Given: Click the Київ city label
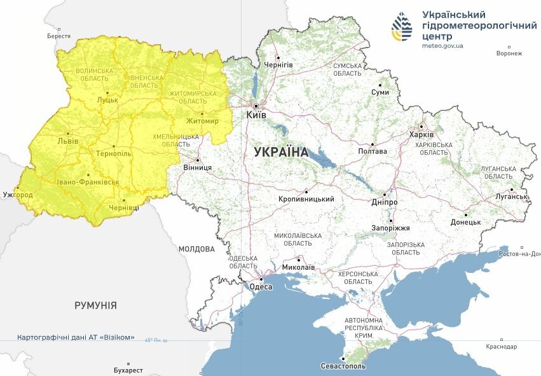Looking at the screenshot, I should (x=257, y=116).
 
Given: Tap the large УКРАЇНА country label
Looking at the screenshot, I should (x=280, y=153).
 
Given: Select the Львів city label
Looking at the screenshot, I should (x=68, y=141).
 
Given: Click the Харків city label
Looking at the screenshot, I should (x=421, y=135).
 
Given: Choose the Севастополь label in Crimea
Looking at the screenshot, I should (x=343, y=366).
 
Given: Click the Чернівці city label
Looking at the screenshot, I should (x=123, y=208).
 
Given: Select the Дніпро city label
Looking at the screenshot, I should (x=385, y=202).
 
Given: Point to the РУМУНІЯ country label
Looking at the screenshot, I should (x=95, y=305).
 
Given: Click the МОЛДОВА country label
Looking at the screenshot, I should (x=196, y=249).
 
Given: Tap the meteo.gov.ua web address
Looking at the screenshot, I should (x=442, y=46).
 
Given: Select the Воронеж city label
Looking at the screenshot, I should (x=509, y=53).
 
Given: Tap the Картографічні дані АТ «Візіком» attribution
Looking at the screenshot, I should (x=76, y=337).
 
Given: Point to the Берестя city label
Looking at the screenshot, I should (x=58, y=36).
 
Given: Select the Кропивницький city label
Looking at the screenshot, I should (x=306, y=199).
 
